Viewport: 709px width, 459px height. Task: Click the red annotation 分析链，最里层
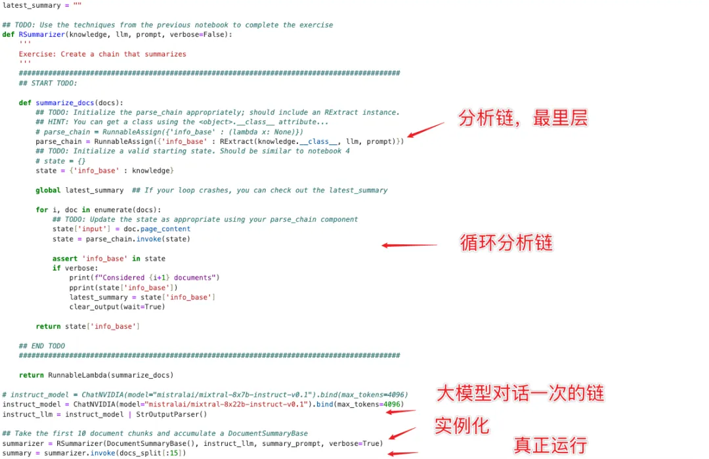[523, 118]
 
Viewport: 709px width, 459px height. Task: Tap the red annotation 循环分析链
[506, 243]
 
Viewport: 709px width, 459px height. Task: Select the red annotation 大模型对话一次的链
[520, 393]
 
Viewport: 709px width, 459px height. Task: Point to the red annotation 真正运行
[549, 446]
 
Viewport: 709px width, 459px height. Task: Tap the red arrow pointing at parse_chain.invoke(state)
[409, 246]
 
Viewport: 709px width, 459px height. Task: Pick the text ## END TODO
[42, 345]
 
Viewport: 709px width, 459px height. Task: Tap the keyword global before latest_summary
[48, 190]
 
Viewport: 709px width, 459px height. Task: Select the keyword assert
[65, 258]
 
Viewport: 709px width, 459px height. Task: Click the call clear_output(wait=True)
[117, 307]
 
